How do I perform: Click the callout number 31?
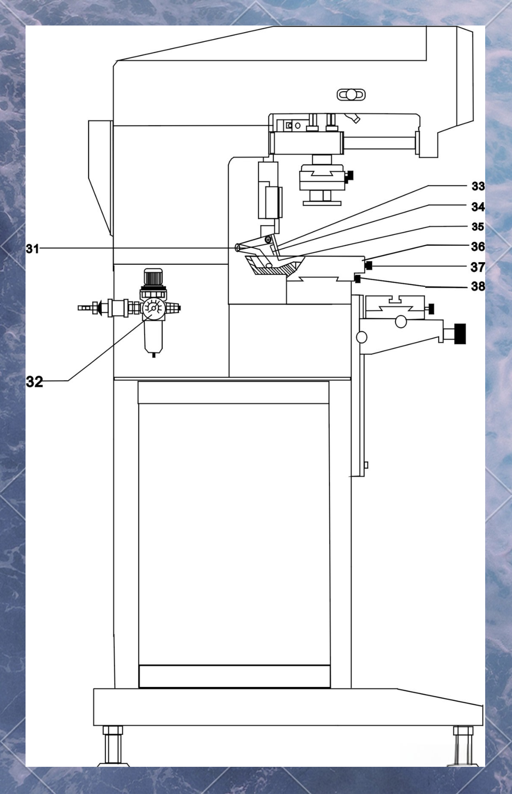tap(32, 249)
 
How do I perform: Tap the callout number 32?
tap(34, 382)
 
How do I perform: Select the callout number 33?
tap(478, 186)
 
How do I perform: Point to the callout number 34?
tap(478, 207)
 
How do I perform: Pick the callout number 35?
tap(478, 227)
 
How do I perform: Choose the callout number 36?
tap(478, 247)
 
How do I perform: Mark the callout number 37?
tap(478, 267)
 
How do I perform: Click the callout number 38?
tap(478, 286)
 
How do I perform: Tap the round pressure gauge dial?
tap(153, 308)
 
